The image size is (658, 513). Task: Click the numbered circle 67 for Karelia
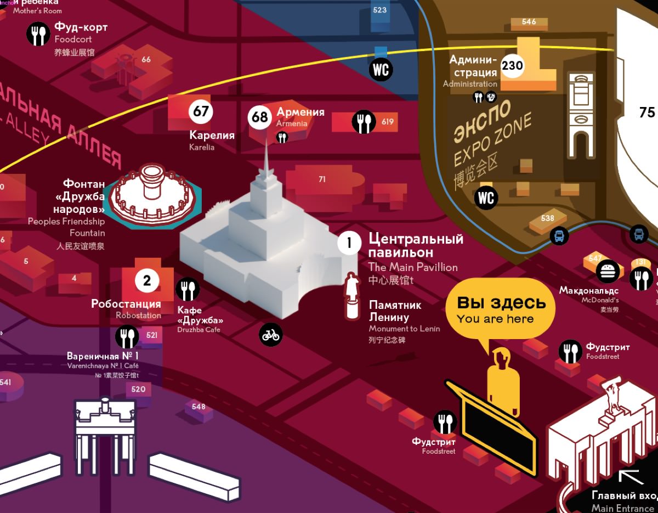pyautogui.click(x=201, y=111)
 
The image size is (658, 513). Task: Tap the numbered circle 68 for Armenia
pyautogui.click(x=260, y=117)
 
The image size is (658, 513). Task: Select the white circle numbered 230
pyautogui.click(x=512, y=66)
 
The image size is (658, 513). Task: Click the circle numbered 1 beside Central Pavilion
pyautogui.click(x=349, y=243)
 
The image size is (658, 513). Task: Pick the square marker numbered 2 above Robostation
pyautogui.click(x=147, y=281)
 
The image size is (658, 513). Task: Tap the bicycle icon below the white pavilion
pyautogui.click(x=271, y=334)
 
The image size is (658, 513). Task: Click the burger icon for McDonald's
pyautogui.click(x=607, y=271)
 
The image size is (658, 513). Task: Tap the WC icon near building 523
pyautogui.click(x=381, y=69)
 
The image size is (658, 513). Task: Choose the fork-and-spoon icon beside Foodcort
pyautogui.click(x=38, y=34)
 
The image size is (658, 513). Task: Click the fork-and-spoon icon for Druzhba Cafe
pyautogui.click(x=188, y=289)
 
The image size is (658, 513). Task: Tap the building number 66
pyautogui.click(x=146, y=60)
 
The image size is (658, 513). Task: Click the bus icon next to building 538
pyautogui.click(x=559, y=236)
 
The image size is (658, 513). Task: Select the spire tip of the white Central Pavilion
pyautogui.click(x=266, y=144)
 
